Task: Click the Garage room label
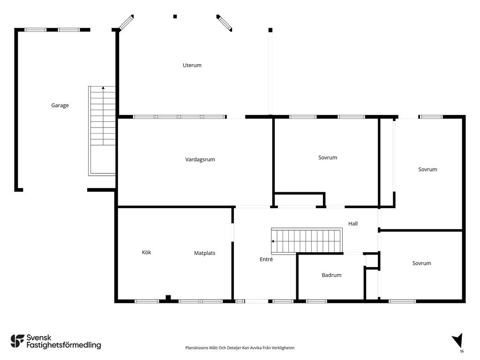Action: coord(60,105)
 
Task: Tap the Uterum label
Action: coord(192,65)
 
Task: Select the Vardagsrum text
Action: coord(200,159)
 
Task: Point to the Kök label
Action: coord(146,252)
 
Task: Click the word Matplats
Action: coord(204,253)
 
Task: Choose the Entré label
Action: coord(266,259)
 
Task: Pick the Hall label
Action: coord(352,224)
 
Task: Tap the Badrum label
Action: coord(331,275)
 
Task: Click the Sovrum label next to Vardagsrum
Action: coord(328,157)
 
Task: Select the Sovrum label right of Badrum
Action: coord(421,263)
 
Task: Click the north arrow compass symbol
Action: coord(457,341)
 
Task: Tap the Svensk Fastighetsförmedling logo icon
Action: coord(17,341)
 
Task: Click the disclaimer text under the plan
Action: coord(240,348)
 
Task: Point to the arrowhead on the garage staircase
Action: coord(103,88)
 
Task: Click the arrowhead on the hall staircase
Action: coord(272,241)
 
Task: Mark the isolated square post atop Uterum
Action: coord(175,16)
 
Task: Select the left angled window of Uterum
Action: coord(126,22)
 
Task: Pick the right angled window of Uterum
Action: coord(225,23)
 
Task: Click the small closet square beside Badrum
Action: coord(372,261)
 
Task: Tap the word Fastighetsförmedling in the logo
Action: coord(64,345)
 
